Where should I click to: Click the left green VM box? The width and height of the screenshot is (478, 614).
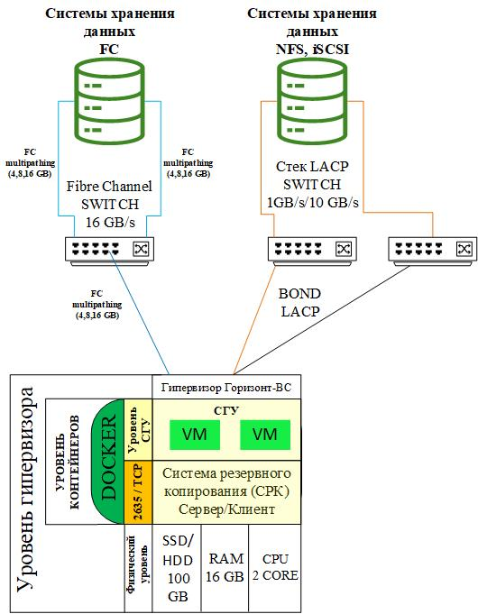[195, 435]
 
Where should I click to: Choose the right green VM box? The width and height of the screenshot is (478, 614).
[265, 435]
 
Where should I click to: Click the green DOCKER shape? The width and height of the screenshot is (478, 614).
[107, 462]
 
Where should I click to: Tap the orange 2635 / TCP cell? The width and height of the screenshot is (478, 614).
[138, 492]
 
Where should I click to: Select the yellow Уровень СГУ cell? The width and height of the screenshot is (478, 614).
[138, 429]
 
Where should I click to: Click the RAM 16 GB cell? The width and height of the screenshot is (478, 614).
[225, 568]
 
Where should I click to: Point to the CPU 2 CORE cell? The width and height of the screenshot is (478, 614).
[275, 568]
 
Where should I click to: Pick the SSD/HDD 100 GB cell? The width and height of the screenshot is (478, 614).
[176, 568]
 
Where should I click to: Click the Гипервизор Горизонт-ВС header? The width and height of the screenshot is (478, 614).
[226, 388]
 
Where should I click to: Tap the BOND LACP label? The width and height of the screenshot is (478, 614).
[299, 303]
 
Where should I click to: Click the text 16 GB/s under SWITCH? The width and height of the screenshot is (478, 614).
[110, 223]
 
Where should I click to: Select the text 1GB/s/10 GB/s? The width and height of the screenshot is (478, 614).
[312, 203]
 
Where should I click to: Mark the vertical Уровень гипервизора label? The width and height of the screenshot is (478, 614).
[26, 489]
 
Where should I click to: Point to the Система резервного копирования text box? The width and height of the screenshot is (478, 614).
[226, 491]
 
